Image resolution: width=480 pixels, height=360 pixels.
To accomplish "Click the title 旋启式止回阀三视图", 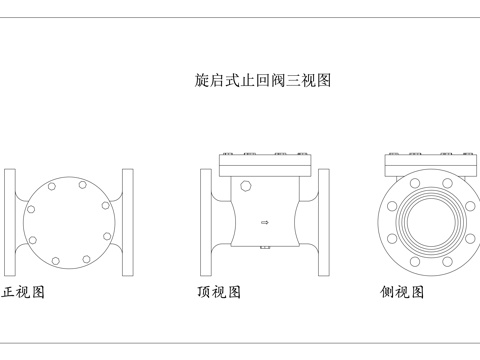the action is pos(262,80).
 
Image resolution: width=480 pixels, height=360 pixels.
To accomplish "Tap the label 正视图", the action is pos(23,293).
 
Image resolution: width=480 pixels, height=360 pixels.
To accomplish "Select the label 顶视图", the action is pos(219,293).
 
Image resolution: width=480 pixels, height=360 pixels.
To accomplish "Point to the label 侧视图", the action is pos(403,293).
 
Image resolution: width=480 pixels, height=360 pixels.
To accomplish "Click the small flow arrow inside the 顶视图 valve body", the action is pos(264,222).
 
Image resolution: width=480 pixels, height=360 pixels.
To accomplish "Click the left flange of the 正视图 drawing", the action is pos(10,222).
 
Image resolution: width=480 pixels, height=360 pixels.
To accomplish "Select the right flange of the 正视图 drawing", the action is pos(127,222).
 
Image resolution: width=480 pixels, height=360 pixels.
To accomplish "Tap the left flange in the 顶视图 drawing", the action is pos(206,222).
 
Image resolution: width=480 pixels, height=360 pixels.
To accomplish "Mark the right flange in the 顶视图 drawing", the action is pos(323,222).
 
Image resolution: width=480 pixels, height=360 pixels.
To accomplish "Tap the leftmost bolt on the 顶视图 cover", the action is pos(227,154).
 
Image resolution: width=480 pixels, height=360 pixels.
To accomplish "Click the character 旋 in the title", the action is pos(201,80).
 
